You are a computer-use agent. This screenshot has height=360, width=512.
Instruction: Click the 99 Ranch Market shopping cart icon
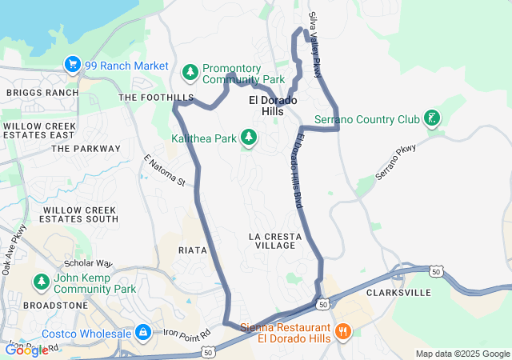[x=72, y=65]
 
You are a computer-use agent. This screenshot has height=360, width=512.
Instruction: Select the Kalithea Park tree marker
[x=249, y=138]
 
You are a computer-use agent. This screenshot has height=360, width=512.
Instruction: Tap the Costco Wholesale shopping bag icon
[x=142, y=332]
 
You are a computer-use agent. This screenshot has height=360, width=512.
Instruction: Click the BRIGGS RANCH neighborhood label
[x=42, y=93]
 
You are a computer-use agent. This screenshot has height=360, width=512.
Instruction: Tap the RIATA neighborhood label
[x=193, y=250]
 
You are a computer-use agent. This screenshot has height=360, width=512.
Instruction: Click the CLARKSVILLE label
[x=398, y=294]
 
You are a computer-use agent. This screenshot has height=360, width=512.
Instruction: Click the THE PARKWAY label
[x=86, y=149]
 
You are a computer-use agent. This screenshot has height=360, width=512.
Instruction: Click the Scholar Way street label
[x=88, y=262]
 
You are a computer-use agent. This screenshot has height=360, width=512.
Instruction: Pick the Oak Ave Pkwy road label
[x=14, y=250]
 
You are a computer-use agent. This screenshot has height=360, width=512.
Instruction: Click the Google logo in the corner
[x=26, y=350]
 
